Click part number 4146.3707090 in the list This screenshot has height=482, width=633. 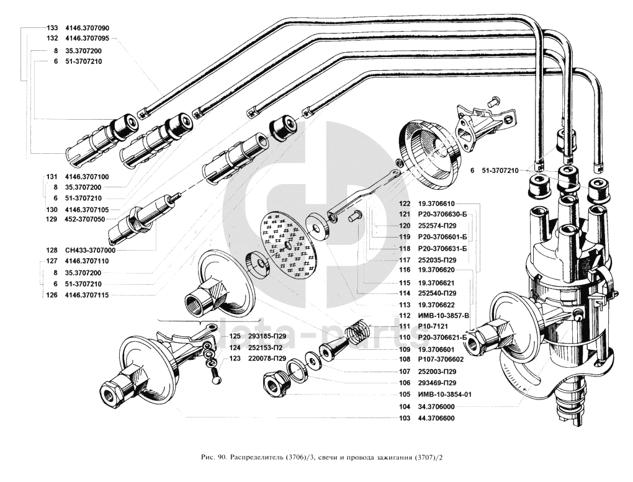[86, 29]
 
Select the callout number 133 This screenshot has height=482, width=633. [52, 29]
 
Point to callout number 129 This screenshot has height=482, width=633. [52, 220]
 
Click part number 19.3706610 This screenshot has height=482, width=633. [437, 203]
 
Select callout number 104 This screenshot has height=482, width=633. [405, 406]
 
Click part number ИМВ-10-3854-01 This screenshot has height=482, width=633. [444, 395]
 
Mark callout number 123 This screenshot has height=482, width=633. [235, 359]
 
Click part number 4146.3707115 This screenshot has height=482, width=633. [86, 295]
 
